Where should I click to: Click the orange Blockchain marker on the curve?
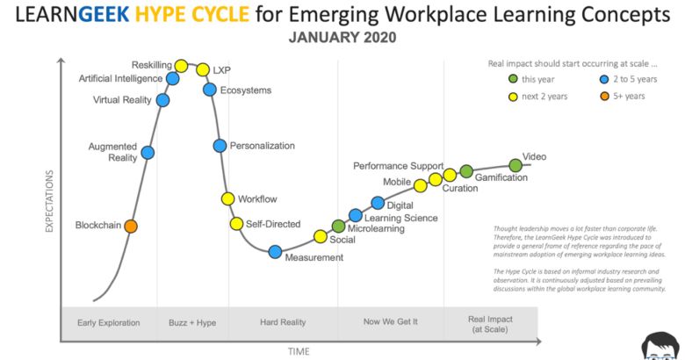coord(131,227)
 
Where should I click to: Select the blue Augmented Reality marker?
coord(148,153)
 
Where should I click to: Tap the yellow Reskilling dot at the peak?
coord(182,65)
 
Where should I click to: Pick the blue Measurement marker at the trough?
coord(275,253)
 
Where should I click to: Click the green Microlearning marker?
coord(338,227)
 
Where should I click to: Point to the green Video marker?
coord(516,164)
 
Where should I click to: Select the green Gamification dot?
coord(466,171)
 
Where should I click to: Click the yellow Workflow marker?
coord(228,199)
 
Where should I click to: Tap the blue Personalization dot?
coord(220,146)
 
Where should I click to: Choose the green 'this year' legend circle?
coord(514,79)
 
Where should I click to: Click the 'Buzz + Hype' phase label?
coord(192,322)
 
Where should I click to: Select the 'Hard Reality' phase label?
coord(283,322)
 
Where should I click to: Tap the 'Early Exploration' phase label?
coord(109,322)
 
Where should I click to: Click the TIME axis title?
coord(299,351)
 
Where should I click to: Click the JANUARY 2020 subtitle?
coord(342,38)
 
